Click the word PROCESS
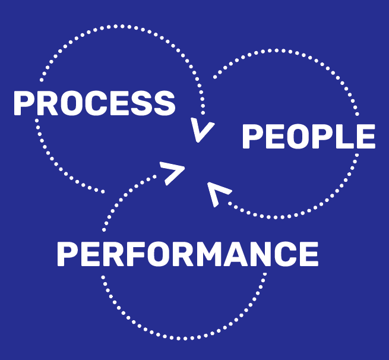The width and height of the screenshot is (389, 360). point(94,103)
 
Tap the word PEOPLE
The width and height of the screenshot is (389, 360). point(308,137)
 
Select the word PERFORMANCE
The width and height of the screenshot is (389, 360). point(187,254)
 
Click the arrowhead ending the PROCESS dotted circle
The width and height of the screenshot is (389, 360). point(203,131)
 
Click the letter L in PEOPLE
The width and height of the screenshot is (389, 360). point(344,137)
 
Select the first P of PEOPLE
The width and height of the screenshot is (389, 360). point(252,137)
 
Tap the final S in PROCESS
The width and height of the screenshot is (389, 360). point(164,103)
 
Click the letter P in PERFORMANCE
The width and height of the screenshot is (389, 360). point(67,254)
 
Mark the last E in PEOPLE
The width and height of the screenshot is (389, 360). point(366,137)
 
